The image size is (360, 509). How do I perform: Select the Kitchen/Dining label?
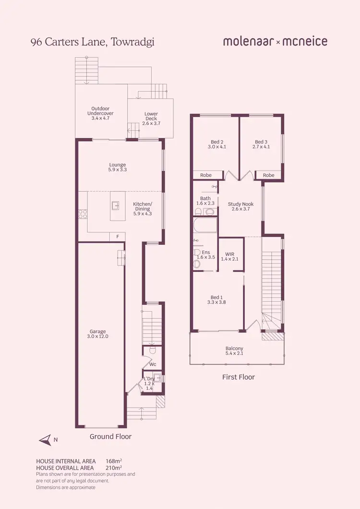142,206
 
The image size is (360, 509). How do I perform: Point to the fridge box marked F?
117,236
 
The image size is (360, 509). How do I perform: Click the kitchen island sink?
116,206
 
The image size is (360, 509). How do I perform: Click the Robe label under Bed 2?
206,175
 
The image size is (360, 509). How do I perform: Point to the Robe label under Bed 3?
269,175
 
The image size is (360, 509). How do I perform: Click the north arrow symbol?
45,439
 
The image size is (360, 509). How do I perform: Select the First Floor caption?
239,377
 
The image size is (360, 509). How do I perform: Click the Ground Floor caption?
110,436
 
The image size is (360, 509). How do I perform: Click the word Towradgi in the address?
133,42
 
